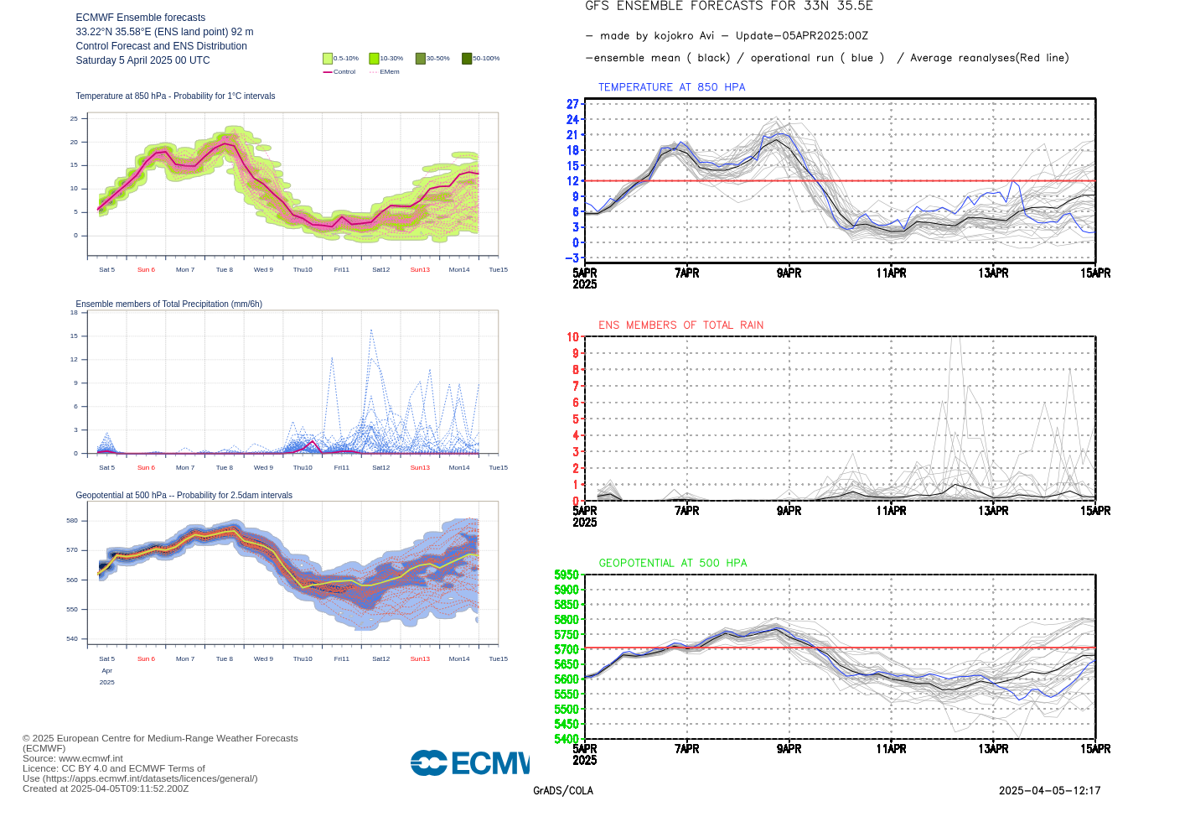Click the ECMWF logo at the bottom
(470, 762)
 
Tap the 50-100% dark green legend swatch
(467, 58)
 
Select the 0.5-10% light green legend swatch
(328, 58)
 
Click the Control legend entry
(339, 72)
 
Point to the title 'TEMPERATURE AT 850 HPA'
(671, 87)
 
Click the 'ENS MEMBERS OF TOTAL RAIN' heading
(680, 325)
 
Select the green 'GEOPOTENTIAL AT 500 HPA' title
(672, 563)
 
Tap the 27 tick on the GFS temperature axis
(572, 104)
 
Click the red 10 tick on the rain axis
(572, 337)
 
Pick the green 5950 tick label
(567, 575)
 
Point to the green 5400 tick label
(567, 739)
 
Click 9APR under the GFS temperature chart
(789, 273)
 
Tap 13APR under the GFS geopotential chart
(993, 749)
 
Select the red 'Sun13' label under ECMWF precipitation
(420, 468)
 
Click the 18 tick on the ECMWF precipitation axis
(74, 313)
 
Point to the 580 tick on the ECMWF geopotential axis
(72, 521)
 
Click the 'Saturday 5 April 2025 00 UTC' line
(142, 60)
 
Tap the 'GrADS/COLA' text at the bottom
(563, 791)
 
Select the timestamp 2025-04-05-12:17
(1049, 791)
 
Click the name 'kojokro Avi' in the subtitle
(684, 36)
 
